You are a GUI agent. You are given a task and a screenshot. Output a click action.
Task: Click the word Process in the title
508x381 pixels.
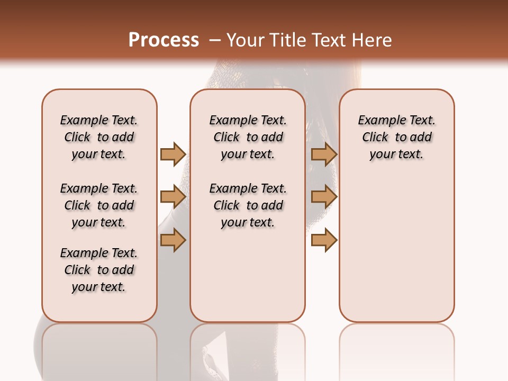click(x=164, y=40)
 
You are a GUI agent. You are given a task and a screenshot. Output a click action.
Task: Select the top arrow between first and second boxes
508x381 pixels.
click(x=173, y=154)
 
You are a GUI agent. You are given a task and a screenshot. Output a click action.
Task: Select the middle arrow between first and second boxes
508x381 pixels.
click(x=173, y=197)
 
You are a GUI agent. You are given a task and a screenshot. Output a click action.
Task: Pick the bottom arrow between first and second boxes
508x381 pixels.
click(x=173, y=240)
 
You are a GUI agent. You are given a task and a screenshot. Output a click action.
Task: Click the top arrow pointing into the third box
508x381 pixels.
click(x=324, y=154)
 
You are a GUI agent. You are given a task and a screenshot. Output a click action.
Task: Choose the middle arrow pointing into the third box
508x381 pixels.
click(x=324, y=197)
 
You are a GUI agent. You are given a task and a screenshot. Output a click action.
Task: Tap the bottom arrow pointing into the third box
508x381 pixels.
click(x=324, y=240)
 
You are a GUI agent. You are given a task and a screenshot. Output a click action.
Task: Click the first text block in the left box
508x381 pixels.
click(x=99, y=137)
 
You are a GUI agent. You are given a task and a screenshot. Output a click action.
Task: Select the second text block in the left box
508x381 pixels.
click(x=99, y=205)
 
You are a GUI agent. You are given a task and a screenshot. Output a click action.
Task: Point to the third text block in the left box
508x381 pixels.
click(x=99, y=270)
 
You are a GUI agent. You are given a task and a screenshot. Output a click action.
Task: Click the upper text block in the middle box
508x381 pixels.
click(x=248, y=137)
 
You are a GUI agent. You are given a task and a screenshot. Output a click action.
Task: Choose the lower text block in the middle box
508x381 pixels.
click(x=248, y=205)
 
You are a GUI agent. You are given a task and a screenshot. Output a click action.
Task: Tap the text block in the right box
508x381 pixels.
click(x=396, y=137)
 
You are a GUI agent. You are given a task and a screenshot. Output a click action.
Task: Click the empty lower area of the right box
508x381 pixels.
click(x=396, y=249)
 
